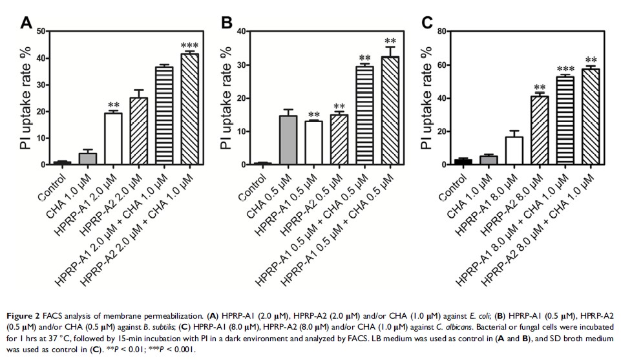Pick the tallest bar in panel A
pyautogui.click(x=189, y=109)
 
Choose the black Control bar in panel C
pyautogui.click(x=461, y=162)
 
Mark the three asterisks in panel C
pyautogui.click(x=565, y=70)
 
